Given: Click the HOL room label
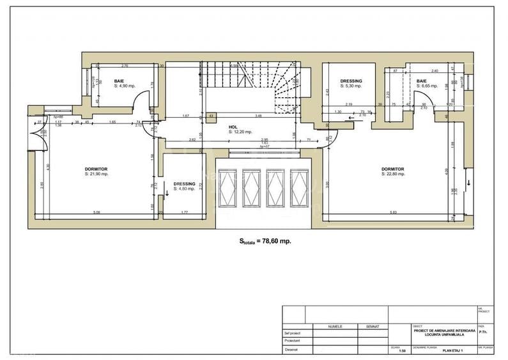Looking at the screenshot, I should pyautogui.click(x=233, y=127).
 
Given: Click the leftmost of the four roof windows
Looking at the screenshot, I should pyautogui.click(x=227, y=189).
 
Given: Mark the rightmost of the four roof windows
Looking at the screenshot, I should pyautogui.click(x=298, y=189).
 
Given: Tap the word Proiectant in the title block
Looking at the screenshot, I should pyautogui.click(x=292, y=341).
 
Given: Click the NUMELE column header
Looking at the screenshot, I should pyautogui.click(x=335, y=326).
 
